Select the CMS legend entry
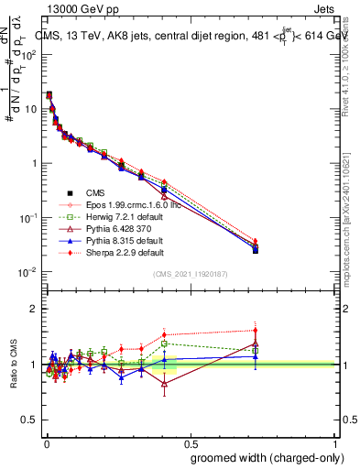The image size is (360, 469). pyautogui.click(x=96, y=192)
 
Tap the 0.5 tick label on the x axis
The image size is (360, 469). pyautogui.click(x=190, y=442)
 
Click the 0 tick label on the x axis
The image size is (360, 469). pyautogui.click(x=46, y=442)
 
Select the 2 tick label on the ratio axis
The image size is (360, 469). pyautogui.click(x=35, y=309)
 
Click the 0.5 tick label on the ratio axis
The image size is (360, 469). pyautogui.click(x=30, y=420)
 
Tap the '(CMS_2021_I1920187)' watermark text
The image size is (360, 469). pyautogui.click(x=190, y=275)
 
